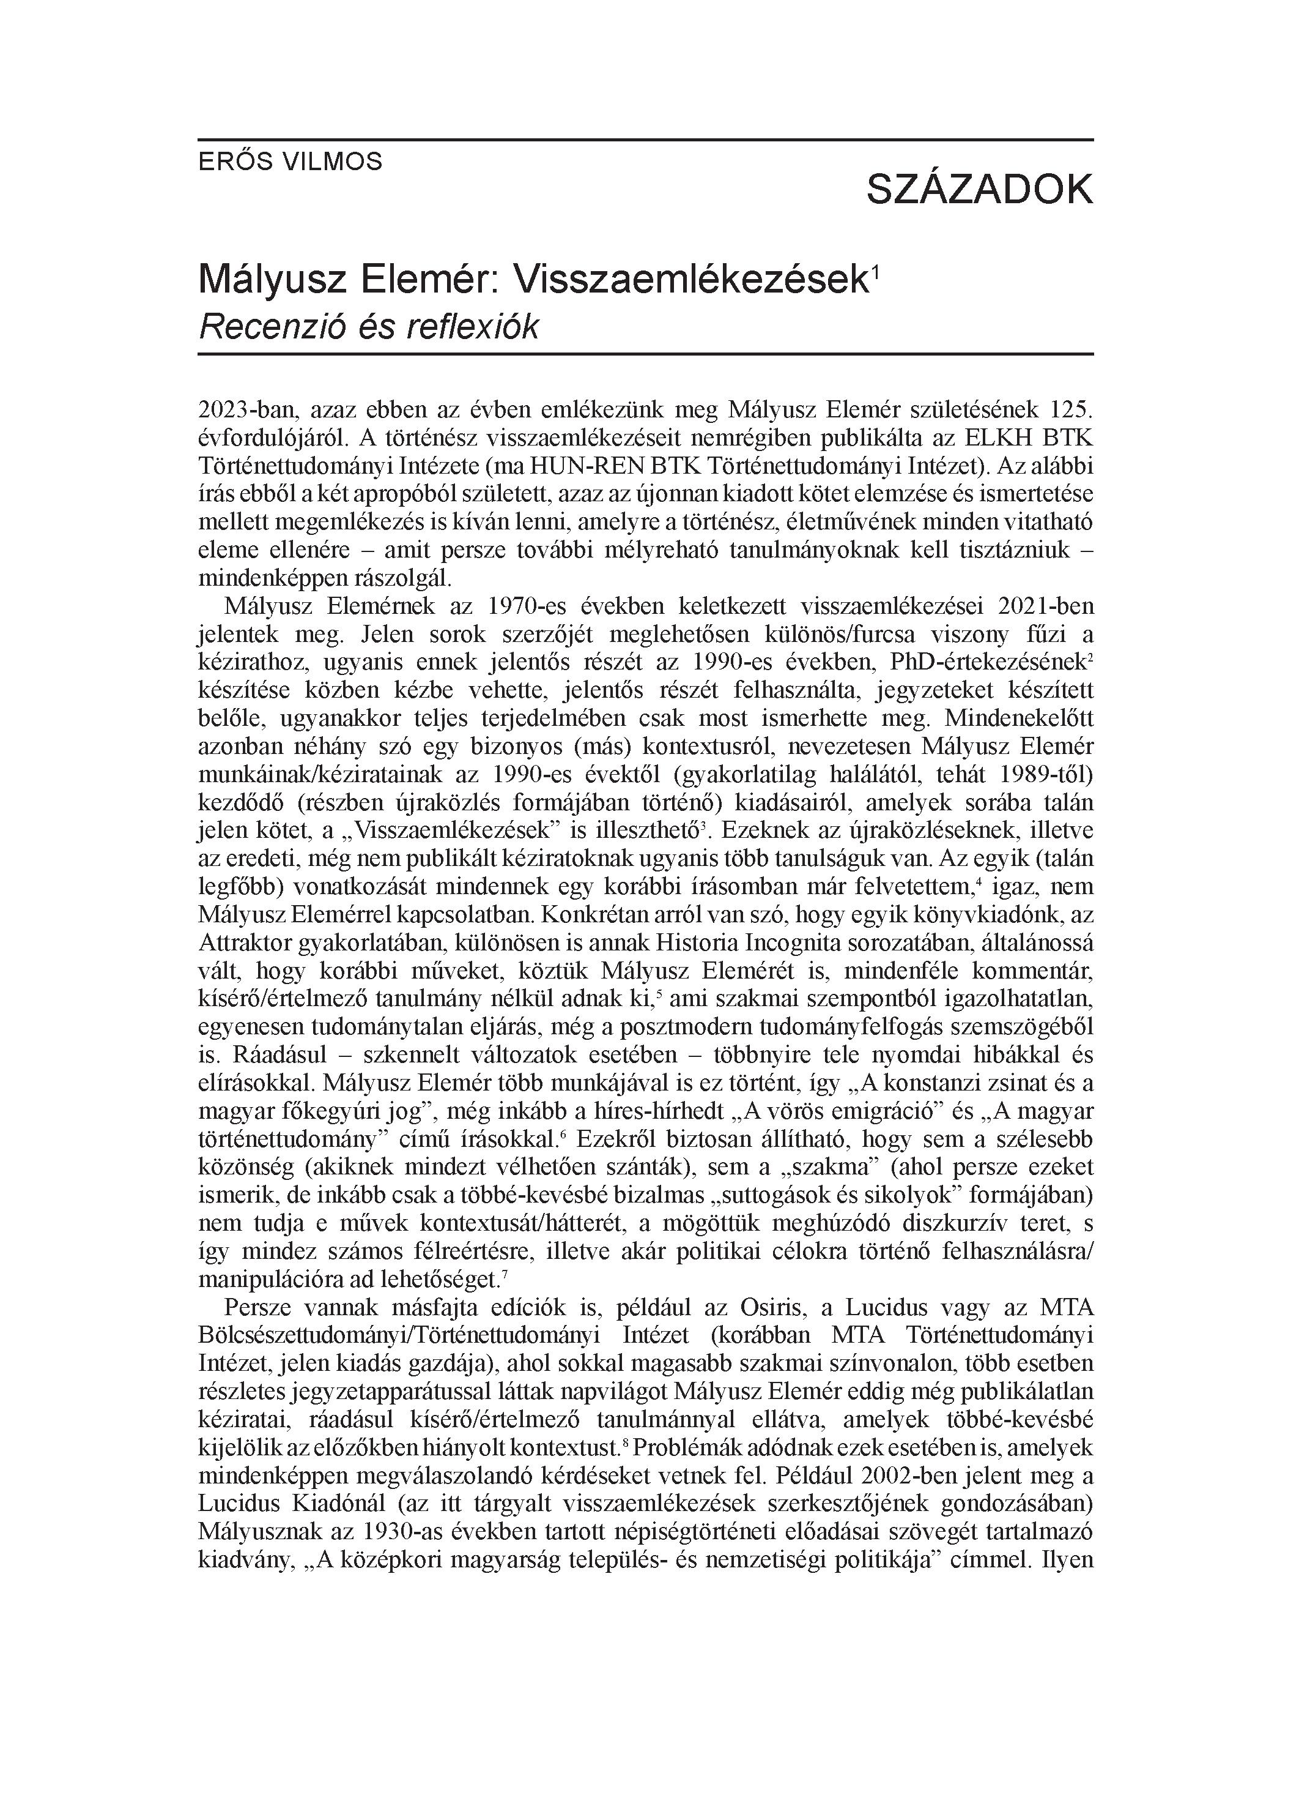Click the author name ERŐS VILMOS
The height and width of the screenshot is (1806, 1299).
coord(290,162)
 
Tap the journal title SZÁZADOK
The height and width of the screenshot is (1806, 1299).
coord(979,190)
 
